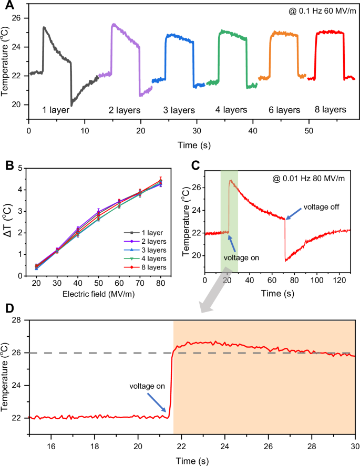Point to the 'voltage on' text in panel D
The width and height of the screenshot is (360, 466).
pyautogui.click(x=147, y=386)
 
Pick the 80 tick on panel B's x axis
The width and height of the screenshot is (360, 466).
pyautogui.click(x=167, y=283)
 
